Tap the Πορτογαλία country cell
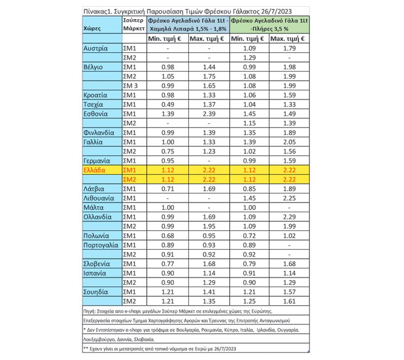point(101,245)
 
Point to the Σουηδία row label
point(98,292)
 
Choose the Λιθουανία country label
point(101,198)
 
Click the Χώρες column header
point(93,29)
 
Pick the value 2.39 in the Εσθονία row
point(209,114)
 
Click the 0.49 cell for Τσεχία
point(168,105)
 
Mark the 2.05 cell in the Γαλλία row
point(289,142)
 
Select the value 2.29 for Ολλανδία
point(289,217)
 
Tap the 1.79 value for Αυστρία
point(289,49)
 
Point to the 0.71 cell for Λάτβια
point(168,189)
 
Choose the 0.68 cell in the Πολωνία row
point(168,236)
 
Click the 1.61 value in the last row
point(289,301)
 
